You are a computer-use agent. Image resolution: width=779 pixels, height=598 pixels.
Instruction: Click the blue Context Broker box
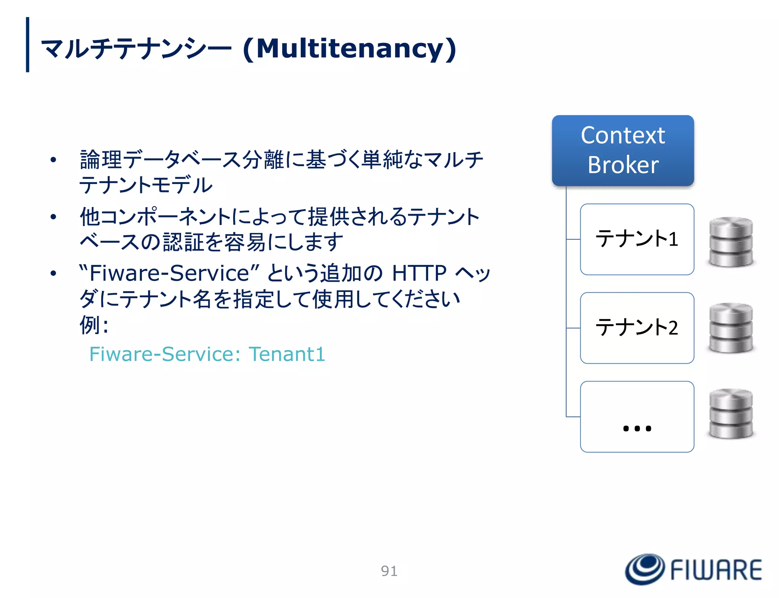[x=623, y=151]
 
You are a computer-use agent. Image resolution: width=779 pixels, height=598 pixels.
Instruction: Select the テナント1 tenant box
[x=637, y=239]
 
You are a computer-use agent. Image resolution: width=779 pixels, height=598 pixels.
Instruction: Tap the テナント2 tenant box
[x=637, y=328]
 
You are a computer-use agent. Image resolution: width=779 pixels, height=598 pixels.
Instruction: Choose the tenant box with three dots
[x=637, y=417]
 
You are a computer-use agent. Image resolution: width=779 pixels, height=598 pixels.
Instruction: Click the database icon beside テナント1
[x=731, y=242]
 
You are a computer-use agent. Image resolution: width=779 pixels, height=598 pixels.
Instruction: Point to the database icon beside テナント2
[x=731, y=328]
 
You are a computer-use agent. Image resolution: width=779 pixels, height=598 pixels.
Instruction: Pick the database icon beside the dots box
[x=731, y=414]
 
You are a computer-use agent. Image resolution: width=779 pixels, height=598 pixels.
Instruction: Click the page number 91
[x=389, y=571]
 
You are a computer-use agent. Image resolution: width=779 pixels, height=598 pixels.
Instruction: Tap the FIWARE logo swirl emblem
[x=645, y=569]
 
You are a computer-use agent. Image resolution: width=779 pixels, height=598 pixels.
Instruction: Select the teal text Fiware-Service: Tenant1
[x=207, y=354]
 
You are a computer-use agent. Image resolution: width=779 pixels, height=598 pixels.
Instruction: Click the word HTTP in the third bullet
[x=419, y=273]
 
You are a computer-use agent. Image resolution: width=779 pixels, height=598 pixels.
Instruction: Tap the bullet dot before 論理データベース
[x=53, y=160]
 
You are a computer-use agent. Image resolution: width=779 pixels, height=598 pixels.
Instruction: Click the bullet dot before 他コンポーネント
[x=53, y=217]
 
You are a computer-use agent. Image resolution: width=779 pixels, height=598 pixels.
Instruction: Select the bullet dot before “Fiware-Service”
[x=53, y=273]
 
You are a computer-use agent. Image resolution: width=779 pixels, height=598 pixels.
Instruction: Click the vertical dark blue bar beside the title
[x=27, y=44]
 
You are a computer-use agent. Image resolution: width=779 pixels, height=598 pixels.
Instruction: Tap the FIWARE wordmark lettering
[x=716, y=570]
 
